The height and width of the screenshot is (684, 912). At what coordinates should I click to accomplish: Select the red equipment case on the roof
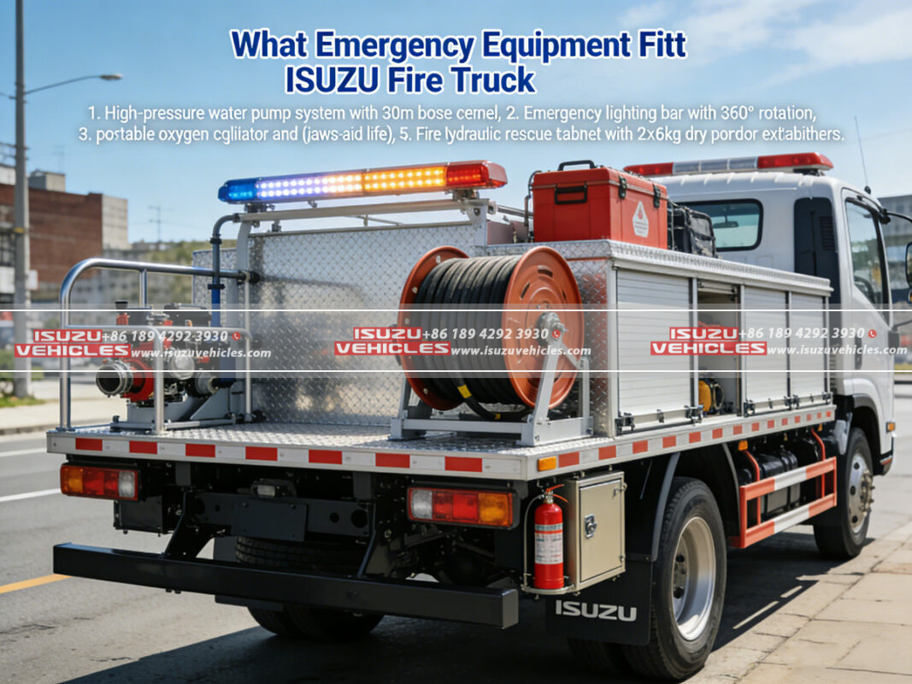click(x=598, y=205)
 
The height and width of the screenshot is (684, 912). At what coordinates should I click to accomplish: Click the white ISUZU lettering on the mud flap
click(x=595, y=610)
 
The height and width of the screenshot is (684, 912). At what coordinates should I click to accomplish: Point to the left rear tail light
click(x=98, y=481)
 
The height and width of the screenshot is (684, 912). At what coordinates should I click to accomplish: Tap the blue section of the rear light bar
click(x=239, y=190)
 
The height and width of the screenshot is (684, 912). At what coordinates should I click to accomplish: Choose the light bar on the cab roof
click(x=728, y=163)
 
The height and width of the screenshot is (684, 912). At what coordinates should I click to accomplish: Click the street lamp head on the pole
click(x=109, y=77)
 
